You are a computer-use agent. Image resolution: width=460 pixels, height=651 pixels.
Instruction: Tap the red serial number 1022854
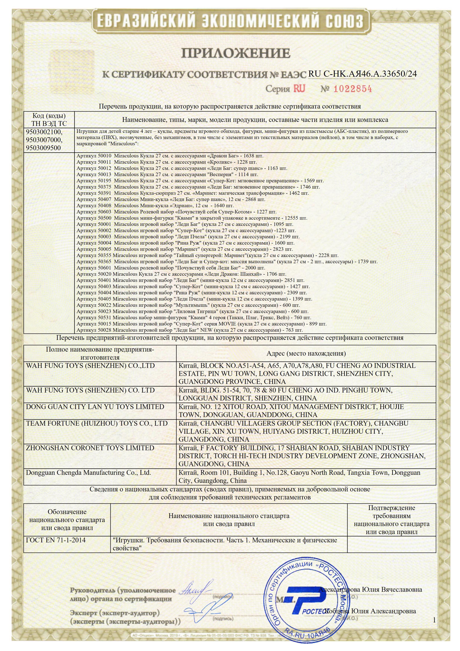352,89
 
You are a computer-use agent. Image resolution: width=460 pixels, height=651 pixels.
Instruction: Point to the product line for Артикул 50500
192,218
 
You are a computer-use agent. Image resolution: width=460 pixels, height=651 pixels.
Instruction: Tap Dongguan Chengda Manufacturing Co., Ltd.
89,473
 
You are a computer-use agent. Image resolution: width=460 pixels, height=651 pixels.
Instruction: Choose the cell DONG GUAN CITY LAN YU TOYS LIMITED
95,407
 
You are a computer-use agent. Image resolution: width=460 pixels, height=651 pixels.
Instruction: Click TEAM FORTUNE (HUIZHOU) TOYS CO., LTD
97,423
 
